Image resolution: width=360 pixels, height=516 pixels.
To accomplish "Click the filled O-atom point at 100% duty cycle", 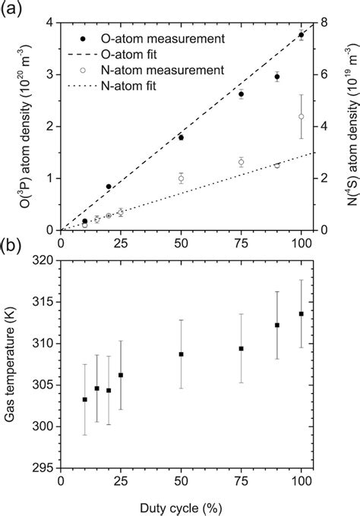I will [x=302, y=35].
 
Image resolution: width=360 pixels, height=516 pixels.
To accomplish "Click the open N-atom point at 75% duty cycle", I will [x=241, y=162].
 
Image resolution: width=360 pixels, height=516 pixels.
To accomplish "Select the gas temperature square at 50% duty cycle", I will [x=181, y=354].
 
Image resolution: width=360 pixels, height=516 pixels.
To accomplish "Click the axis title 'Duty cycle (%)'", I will [x=181, y=505].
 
